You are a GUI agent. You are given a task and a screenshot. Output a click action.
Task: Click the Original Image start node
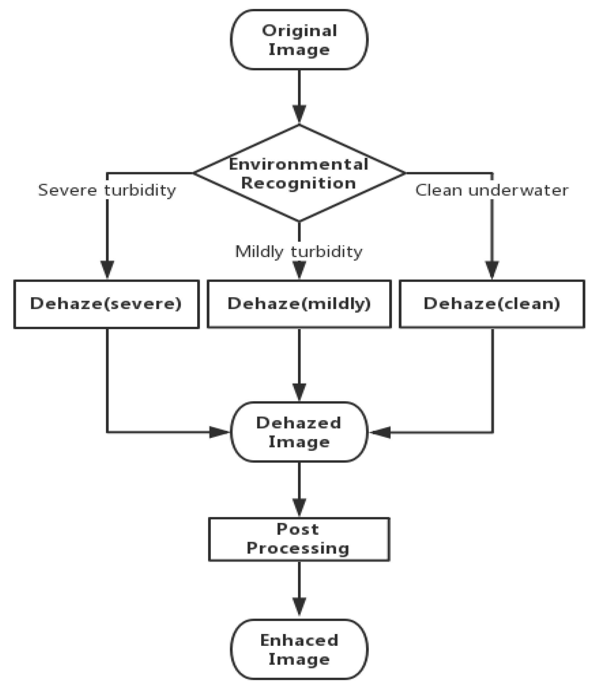pyautogui.click(x=299, y=39)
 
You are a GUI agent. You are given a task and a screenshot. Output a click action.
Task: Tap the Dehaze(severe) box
pyautogui.click(x=107, y=304)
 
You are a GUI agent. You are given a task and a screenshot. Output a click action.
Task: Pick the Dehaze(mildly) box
pyautogui.click(x=299, y=304)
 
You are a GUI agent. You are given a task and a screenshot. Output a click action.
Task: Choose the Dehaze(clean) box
pyautogui.click(x=492, y=304)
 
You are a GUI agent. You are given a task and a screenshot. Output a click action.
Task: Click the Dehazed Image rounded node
pyautogui.click(x=299, y=432)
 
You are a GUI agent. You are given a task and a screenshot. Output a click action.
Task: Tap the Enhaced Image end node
pyautogui.click(x=299, y=649)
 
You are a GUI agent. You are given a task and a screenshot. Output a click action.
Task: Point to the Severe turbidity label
pyautogui.click(x=107, y=190)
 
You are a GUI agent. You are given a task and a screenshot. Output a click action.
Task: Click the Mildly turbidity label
pyautogui.click(x=298, y=252)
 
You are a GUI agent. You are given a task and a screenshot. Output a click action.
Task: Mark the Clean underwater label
pyautogui.click(x=492, y=190)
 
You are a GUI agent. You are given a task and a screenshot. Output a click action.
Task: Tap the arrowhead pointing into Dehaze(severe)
pyautogui.click(x=107, y=269)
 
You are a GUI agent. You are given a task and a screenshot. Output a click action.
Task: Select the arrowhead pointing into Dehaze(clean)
pyautogui.click(x=492, y=269)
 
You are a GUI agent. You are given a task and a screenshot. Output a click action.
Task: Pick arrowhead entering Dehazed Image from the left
pyautogui.click(x=219, y=432)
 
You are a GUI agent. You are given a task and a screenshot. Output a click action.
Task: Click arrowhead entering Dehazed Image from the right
pyautogui.click(x=380, y=432)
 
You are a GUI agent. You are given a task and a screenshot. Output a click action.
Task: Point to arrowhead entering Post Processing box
pyautogui.click(x=299, y=507)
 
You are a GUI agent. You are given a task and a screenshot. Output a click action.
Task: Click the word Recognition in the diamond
pyautogui.click(x=298, y=183)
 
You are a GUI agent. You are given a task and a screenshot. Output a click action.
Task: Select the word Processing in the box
pyautogui.click(x=298, y=548)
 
